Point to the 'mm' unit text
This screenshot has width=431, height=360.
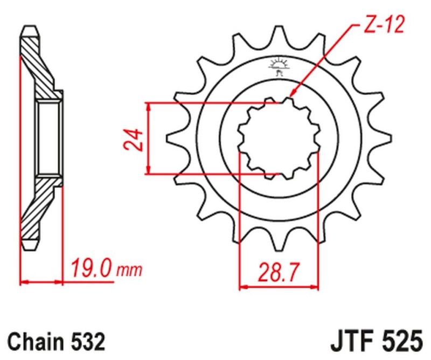(x=129, y=269)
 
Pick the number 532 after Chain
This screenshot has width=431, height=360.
(x=85, y=342)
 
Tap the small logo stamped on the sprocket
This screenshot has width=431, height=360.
(x=279, y=67)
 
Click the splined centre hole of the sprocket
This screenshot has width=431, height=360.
(x=279, y=139)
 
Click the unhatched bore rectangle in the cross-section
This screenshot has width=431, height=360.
(x=49, y=138)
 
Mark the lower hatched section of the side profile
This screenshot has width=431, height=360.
(x=38, y=207)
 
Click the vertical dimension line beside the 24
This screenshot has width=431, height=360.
(x=150, y=138)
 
